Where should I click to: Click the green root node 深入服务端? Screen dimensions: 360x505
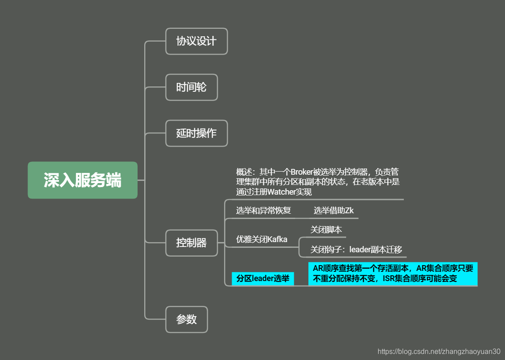coord(83,180)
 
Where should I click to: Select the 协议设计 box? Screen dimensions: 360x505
coord(196,41)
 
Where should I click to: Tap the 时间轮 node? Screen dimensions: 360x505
coord(191,87)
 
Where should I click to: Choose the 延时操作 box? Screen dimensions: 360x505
coord(196,133)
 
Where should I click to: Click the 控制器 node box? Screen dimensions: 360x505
coord(191,243)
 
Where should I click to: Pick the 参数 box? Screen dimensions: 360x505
coord(186,319)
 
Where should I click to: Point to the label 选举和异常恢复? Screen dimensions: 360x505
coord(263,211)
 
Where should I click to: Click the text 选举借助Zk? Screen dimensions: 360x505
coord(334,211)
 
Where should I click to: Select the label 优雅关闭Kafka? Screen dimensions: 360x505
coord(261,239)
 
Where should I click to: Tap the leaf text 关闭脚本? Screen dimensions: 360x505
coord(326,230)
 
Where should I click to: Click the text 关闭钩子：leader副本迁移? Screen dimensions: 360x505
coord(356,250)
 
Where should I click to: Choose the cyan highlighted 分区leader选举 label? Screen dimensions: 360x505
coord(263,279)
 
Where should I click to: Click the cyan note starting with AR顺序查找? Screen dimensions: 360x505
coord(393,274)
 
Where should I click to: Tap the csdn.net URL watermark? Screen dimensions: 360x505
coord(438,351)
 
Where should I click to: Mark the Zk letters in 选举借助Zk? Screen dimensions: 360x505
coord(349,211)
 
